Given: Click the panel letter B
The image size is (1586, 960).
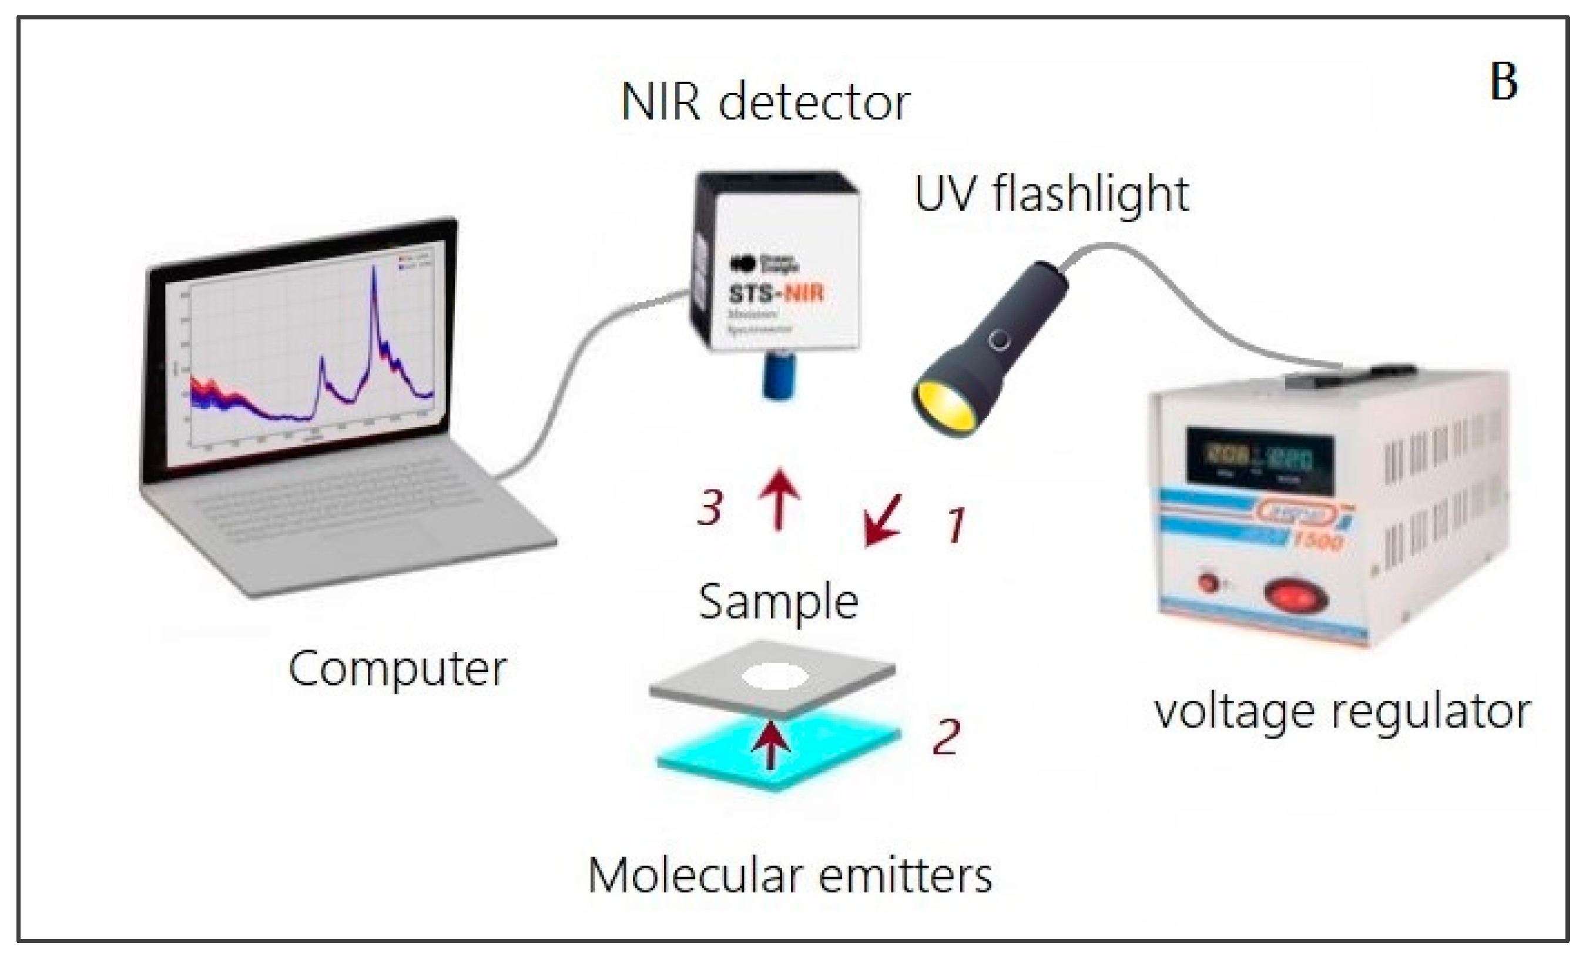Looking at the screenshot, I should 1503,82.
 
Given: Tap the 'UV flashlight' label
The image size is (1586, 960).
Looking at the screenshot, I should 1051,194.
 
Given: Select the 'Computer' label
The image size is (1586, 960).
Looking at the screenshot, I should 397,669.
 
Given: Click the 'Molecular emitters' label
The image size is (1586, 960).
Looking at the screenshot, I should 790,876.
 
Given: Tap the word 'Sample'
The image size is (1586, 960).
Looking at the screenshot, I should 778,601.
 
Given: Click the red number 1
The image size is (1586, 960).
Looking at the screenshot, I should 956,525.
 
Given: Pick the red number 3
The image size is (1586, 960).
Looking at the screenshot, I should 710,508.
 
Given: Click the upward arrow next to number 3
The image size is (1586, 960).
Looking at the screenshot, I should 779,499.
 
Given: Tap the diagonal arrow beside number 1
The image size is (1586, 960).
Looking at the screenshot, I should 882,520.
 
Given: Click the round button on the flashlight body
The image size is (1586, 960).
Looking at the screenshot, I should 999,339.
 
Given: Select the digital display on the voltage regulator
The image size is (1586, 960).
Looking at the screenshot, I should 1260,461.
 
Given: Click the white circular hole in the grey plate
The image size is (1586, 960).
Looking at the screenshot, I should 776,677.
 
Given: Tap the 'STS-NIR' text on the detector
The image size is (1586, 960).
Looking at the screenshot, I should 776,293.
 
